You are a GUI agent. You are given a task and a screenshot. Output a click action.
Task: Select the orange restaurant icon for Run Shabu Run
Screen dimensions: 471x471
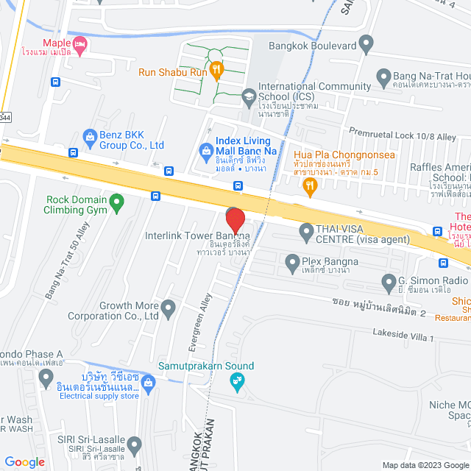pyautogui.click(x=216, y=71)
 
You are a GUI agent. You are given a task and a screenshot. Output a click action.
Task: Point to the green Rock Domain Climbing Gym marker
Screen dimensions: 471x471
pyautogui.click(x=116, y=200)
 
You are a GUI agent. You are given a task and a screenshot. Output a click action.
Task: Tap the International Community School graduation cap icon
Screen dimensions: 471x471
pyautogui.click(x=248, y=96)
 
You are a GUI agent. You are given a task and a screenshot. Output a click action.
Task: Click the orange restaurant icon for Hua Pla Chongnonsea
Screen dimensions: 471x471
pyautogui.click(x=310, y=186)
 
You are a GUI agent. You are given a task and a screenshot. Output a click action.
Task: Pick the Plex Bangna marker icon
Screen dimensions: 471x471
pyautogui.click(x=292, y=261)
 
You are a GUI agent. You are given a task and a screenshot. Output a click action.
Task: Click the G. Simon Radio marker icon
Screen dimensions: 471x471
pyautogui.click(x=389, y=281)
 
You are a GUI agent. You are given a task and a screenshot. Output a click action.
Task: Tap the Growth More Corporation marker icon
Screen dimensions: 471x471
pyautogui.click(x=169, y=307)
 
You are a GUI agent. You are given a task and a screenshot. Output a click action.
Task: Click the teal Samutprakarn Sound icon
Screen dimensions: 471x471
pyautogui.click(x=236, y=380)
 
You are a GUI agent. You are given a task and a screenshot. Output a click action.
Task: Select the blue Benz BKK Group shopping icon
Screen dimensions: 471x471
pyautogui.click(x=90, y=135)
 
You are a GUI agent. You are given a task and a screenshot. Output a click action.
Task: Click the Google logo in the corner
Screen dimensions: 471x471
pyautogui.click(x=24, y=461)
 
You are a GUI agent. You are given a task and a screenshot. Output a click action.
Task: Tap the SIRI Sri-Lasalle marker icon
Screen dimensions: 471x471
pyautogui.click(x=134, y=445)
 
